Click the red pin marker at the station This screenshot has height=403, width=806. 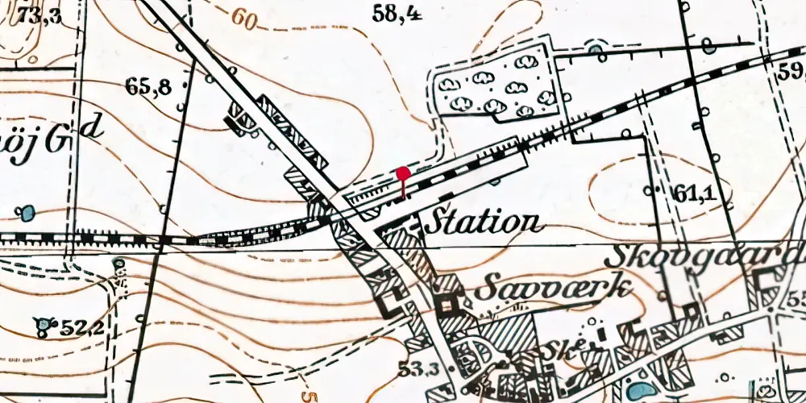404,172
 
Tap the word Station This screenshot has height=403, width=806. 482,221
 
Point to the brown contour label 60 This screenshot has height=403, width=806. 243,19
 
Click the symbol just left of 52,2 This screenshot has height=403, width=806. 43,326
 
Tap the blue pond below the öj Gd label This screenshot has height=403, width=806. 27,214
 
